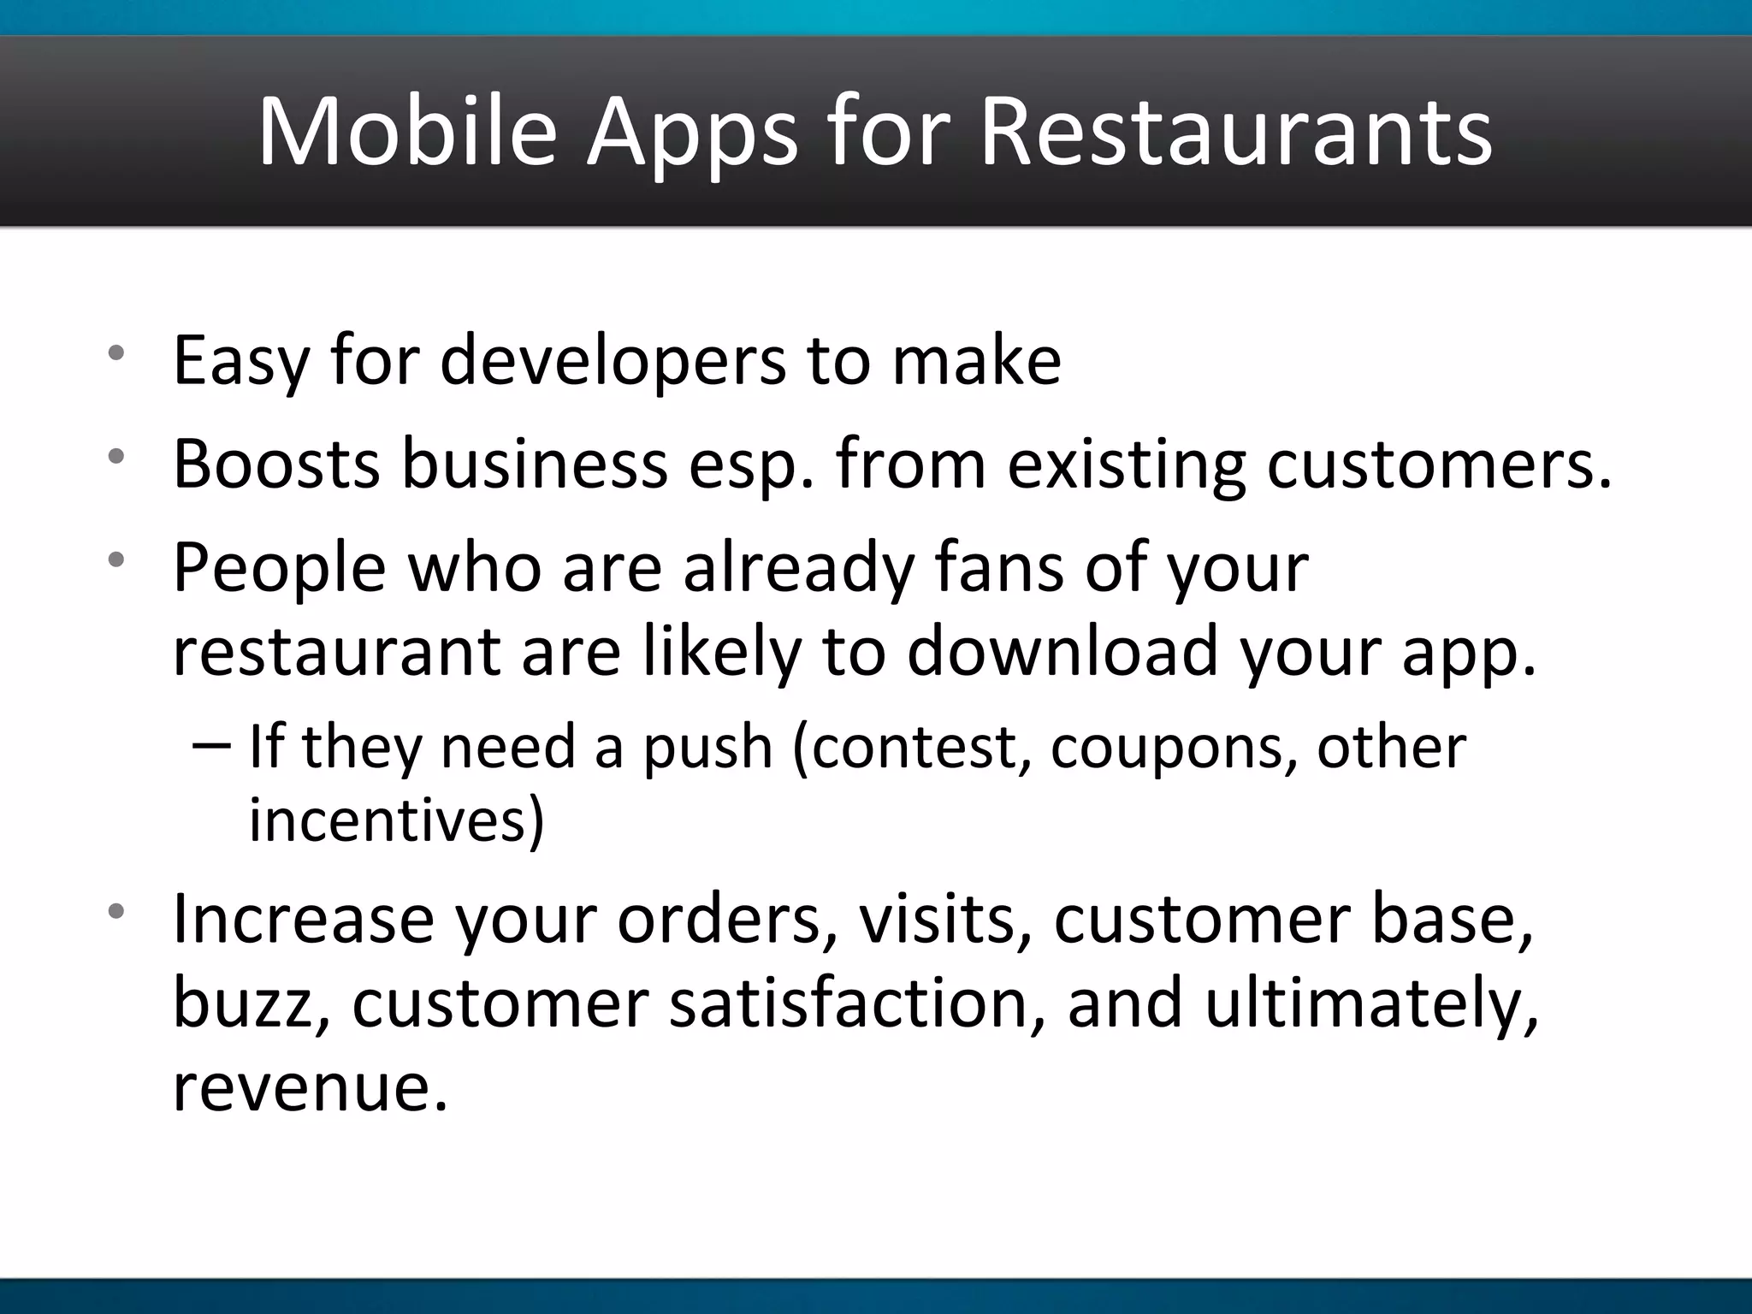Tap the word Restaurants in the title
pyautogui.click(x=1235, y=133)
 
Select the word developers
pyautogui.click(x=612, y=361)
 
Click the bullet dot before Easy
pyautogui.click(x=116, y=353)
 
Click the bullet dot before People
pyautogui.click(x=116, y=560)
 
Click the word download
pyautogui.click(x=1062, y=652)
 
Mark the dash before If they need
pyautogui.click(x=211, y=746)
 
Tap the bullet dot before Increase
pyautogui.click(x=116, y=911)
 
